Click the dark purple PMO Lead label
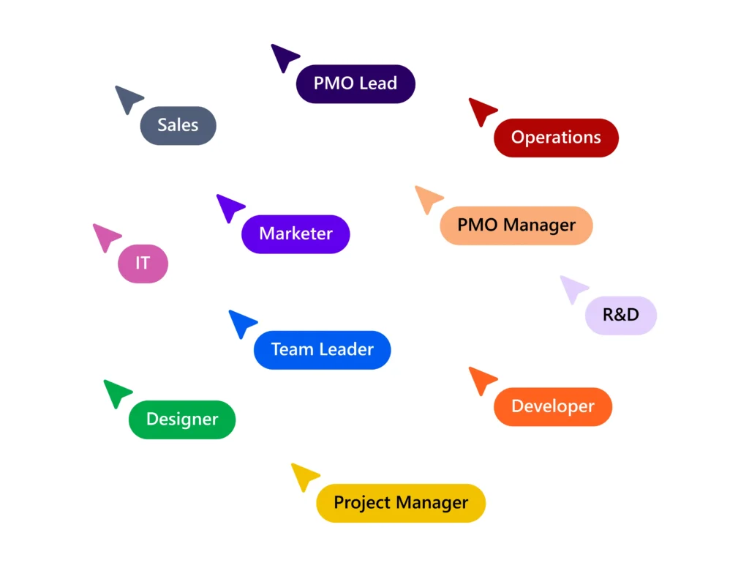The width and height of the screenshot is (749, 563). tap(355, 83)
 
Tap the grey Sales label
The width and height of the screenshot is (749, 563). tap(178, 125)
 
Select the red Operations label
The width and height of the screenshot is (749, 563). tap(556, 138)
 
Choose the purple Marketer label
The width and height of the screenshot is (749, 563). tap(296, 234)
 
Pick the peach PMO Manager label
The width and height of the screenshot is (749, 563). tap(516, 225)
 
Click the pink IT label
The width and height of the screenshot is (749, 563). tap(143, 264)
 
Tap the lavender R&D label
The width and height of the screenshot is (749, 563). tap(620, 316)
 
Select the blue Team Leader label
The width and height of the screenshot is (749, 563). tap(322, 350)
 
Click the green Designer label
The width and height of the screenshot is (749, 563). tap(182, 420)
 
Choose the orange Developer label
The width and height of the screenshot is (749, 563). tap(552, 406)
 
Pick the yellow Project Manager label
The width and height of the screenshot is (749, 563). tap(400, 503)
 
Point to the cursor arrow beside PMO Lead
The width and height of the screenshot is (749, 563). tap(283, 56)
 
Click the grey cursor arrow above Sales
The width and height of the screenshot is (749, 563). tap(127, 98)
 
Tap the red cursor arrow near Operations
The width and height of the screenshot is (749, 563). tap(481, 111)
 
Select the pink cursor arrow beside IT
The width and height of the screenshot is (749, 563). tap(105, 236)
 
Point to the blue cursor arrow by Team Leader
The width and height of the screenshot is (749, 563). tap(241, 322)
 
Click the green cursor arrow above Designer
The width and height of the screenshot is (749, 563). tap(116, 392)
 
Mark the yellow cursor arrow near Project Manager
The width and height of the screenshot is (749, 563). tap(303, 475)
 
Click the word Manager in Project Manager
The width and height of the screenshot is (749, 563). tap(432, 503)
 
